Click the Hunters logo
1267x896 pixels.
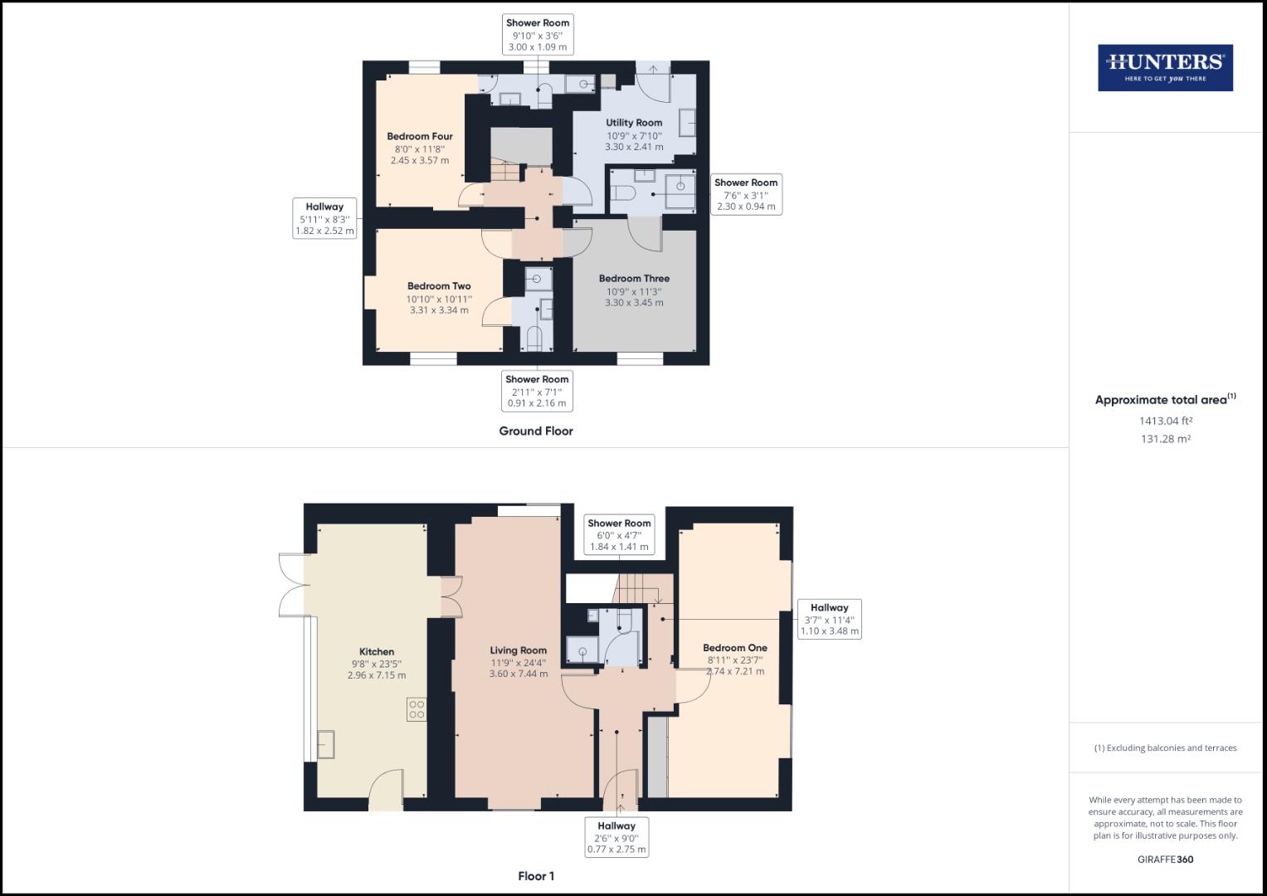1165,68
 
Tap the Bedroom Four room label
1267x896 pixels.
420,137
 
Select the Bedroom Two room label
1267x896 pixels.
439,286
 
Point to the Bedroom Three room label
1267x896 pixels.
634,279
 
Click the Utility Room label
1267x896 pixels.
634,123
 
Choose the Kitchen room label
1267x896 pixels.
377,652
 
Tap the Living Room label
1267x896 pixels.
519,650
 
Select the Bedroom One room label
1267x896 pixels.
735,648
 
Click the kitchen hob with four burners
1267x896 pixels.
417,709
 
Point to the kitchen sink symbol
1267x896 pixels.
325,744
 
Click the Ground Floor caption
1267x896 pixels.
536,431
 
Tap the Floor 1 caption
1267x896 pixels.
536,876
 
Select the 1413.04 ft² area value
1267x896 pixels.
1165,421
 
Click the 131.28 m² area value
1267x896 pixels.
1165,439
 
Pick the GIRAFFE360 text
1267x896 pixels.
1165,859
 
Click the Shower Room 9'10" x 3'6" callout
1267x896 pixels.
538,35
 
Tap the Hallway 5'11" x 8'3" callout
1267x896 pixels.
324,219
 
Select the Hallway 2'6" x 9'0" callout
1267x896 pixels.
616,837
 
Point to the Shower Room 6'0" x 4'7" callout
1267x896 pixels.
619,535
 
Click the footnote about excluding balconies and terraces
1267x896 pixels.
1165,747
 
